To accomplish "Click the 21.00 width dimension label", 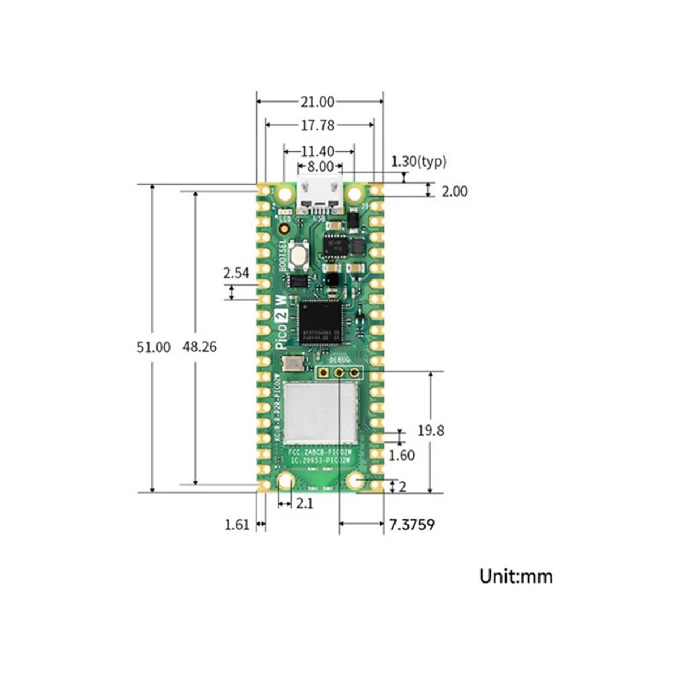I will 317,102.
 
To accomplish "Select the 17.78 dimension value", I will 317,125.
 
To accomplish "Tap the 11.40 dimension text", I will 317,151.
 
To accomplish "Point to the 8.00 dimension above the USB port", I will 320,167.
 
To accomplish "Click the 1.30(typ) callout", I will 419,161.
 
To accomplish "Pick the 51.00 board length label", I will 153,347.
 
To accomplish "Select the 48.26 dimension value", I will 199,347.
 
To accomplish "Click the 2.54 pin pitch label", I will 236,273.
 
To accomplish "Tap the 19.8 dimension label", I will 431,431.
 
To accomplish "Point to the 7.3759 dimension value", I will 412,525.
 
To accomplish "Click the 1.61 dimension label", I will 237,525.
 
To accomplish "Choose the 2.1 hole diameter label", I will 304,503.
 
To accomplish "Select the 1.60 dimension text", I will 402,455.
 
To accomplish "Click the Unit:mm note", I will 516,576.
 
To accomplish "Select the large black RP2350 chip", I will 320,322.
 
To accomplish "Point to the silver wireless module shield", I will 321,413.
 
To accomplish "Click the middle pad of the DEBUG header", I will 339,372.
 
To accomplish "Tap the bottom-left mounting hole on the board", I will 285,482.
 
